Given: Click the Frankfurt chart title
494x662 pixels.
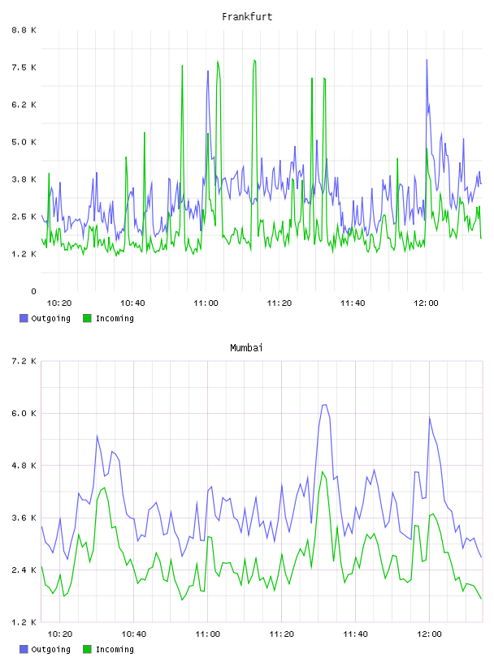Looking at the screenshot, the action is point(247,17).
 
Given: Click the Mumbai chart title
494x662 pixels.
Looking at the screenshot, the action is point(246,348).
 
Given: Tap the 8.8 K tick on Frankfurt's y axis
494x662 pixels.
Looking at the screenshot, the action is point(24,30).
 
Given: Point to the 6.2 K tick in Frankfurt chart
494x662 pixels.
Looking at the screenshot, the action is point(24,105).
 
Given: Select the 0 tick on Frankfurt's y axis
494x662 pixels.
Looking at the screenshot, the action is point(33,291).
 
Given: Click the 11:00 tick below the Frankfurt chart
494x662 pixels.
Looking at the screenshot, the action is point(206,303).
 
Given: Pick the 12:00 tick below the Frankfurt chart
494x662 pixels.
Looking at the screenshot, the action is point(426,303).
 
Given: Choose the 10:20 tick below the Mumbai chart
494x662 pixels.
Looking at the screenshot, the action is point(59,634).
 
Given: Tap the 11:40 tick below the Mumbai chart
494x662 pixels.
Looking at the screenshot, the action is point(355,634).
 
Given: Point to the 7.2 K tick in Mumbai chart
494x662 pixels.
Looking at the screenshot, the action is point(24,361).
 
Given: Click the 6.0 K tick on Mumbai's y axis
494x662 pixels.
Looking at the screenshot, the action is point(24,413).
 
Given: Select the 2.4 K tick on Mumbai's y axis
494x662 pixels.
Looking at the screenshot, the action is point(24,570).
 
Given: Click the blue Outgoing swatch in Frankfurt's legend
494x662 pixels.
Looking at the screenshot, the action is point(24,318).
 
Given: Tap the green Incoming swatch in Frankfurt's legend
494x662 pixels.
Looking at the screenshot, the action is point(87,318).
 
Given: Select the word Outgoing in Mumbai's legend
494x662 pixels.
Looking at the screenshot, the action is point(50,649).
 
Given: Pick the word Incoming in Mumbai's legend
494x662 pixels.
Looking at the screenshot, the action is point(115,649).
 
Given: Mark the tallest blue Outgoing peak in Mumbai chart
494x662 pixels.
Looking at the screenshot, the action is point(324,405).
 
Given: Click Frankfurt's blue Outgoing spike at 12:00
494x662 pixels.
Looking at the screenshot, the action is point(427,60).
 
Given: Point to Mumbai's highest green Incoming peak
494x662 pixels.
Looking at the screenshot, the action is point(323,471).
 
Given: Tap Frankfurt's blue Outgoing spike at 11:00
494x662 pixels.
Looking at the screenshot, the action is point(208,71).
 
